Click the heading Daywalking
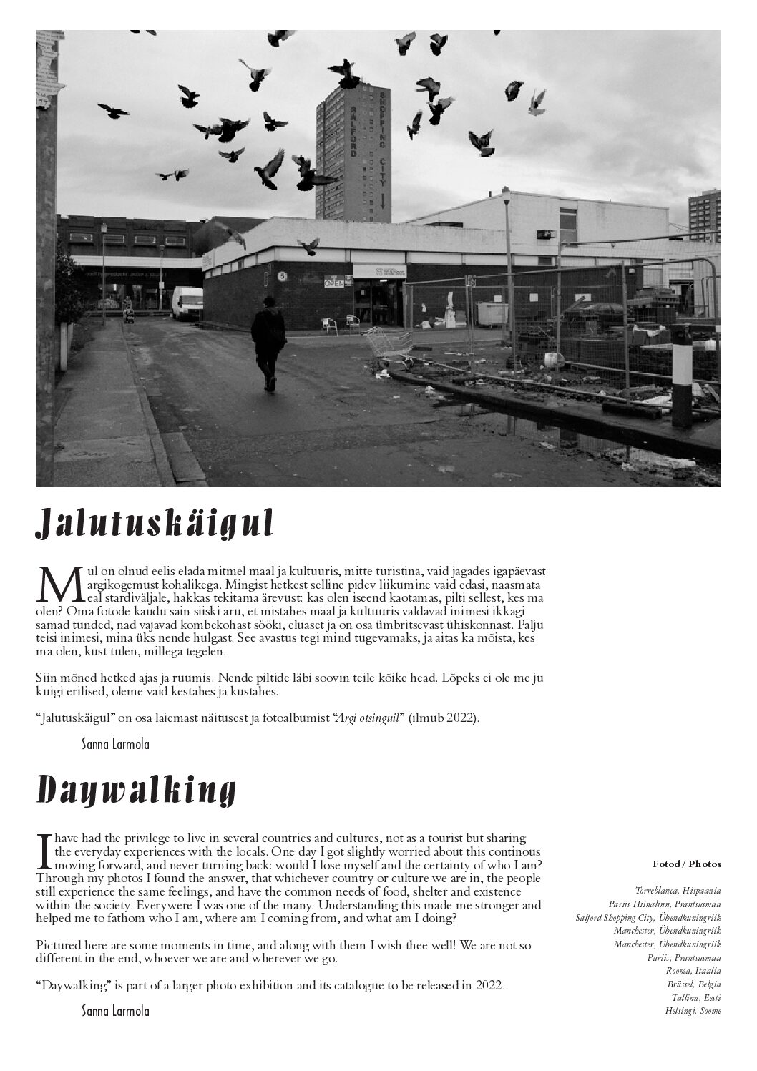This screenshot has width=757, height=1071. tap(136, 791)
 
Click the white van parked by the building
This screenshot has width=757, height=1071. tap(187, 303)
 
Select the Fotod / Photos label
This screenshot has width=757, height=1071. tap(687, 864)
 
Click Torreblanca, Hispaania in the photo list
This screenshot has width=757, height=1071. tap(678, 891)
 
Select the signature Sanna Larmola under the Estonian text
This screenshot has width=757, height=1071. tap(116, 744)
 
